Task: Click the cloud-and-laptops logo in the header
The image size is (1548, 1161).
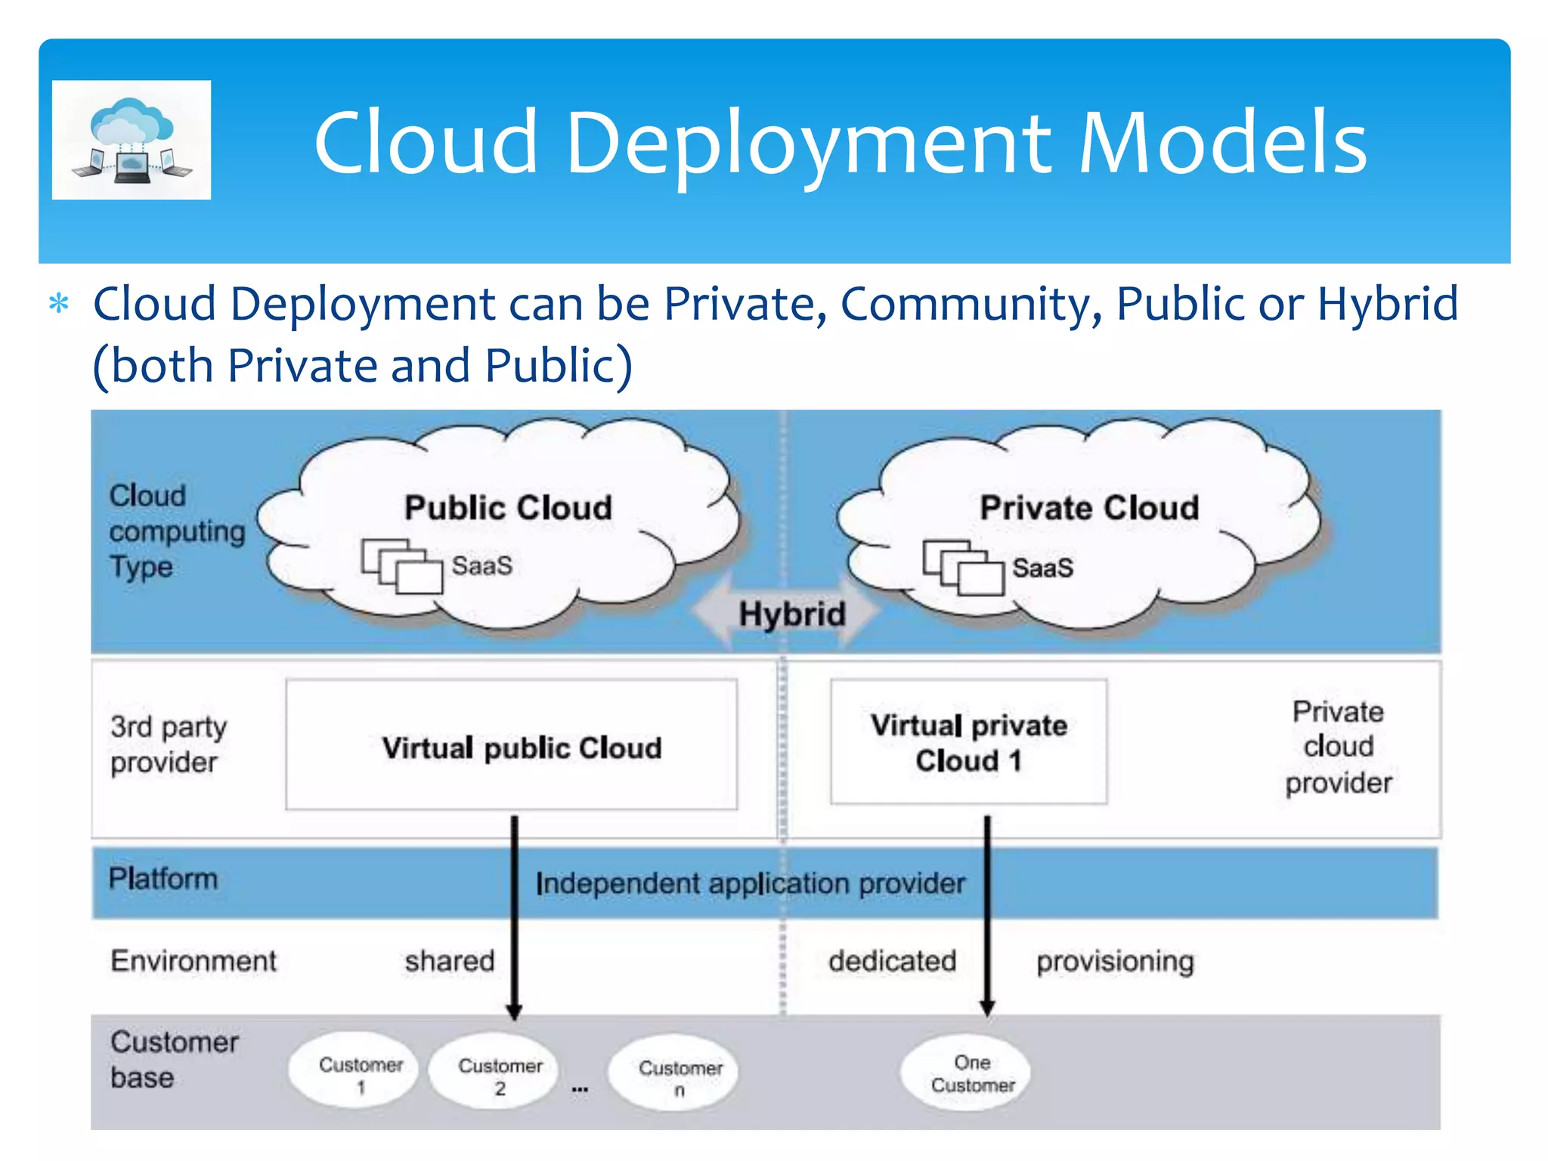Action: point(132,141)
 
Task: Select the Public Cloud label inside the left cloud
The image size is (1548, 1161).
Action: point(508,508)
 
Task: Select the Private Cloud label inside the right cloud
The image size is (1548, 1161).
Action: point(1089,508)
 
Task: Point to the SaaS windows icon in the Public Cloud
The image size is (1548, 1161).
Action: point(401,566)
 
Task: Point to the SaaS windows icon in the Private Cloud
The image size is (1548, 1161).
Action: point(963,568)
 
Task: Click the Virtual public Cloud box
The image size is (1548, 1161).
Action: point(512,745)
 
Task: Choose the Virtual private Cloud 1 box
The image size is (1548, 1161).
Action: point(968,742)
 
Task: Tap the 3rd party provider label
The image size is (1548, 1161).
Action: point(168,745)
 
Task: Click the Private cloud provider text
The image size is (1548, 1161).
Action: point(1338,747)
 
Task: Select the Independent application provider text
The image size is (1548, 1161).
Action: point(750,883)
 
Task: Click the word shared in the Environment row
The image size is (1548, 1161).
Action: point(449,961)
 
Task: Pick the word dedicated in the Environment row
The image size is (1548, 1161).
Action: point(892,961)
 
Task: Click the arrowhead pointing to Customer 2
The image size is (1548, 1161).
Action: point(514,1011)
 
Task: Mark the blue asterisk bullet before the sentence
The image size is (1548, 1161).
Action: point(59,305)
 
